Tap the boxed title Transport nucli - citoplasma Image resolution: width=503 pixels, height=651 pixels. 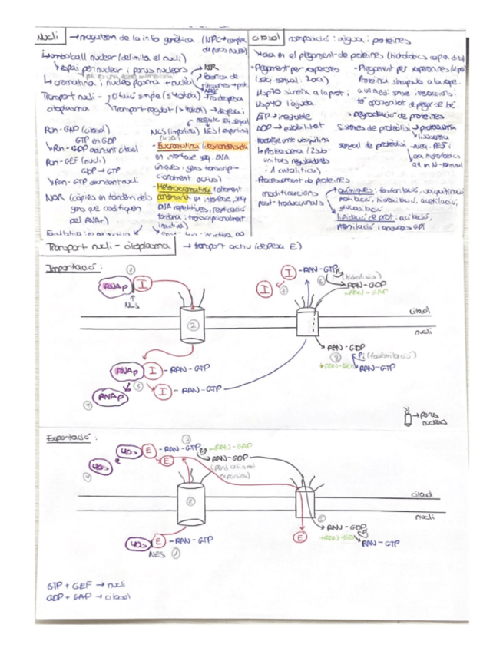point(107,247)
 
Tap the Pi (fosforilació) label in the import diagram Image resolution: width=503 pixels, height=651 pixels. point(369,356)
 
